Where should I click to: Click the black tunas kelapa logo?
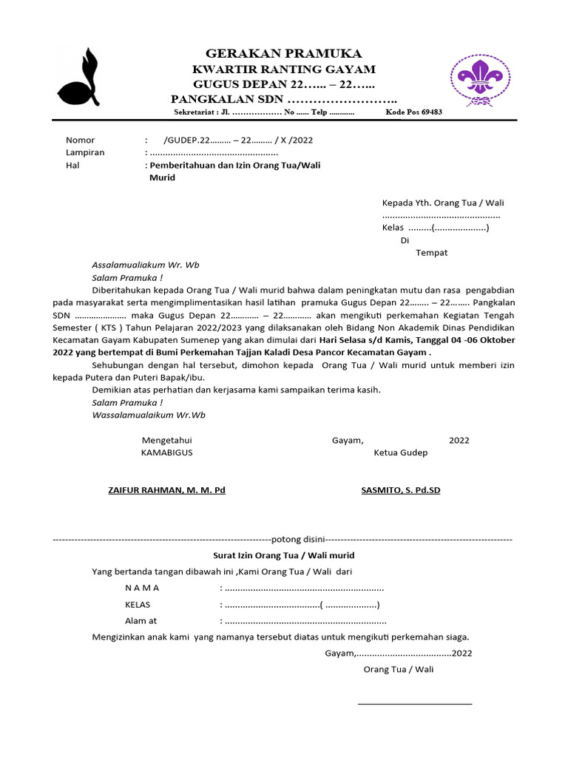tap(79, 78)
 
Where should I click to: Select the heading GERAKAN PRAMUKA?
tap(283, 54)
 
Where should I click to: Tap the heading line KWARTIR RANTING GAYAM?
tap(283, 69)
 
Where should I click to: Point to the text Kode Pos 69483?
tap(414, 113)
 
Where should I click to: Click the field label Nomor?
tap(81, 140)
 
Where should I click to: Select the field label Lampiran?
tap(85, 152)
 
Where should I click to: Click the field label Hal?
tap(72, 166)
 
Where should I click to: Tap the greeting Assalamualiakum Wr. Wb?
tap(146, 265)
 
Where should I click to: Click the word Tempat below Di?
tap(431, 253)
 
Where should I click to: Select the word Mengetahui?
tap(167, 441)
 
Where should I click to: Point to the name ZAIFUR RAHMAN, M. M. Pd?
tap(166, 490)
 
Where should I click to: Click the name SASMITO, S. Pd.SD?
tap(400, 490)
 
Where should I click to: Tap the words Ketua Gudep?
tap(400, 452)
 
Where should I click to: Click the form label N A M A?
tap(142, 588)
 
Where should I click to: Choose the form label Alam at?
tap(141, 621)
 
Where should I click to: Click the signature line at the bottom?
tap(414, 704)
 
